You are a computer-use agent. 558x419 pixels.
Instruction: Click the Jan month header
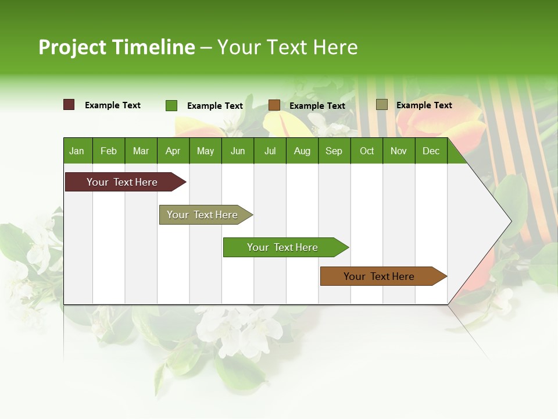coord(77,151)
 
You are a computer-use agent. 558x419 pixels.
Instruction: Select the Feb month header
coord(109,151)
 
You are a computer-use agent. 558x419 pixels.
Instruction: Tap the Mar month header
coord(141,151)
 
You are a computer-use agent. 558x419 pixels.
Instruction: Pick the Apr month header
coord(173,151)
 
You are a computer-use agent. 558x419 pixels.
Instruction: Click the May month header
coord(205,151)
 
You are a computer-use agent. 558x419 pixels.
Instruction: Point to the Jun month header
coord(238,151)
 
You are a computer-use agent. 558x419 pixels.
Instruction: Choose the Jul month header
coord(270,151)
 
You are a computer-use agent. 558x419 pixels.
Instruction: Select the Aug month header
coord(302,151)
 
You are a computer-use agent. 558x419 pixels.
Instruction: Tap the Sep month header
coord(334,151)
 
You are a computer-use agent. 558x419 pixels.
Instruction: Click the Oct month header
coord(367,151)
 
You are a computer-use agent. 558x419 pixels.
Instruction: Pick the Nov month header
coord(398,151)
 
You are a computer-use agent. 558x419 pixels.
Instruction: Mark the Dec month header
coord(431,151)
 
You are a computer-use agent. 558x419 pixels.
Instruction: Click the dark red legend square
coord(69,105)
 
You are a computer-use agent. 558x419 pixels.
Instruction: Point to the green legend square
coord(171,105)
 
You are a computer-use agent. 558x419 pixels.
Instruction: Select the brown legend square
coord(274,105)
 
